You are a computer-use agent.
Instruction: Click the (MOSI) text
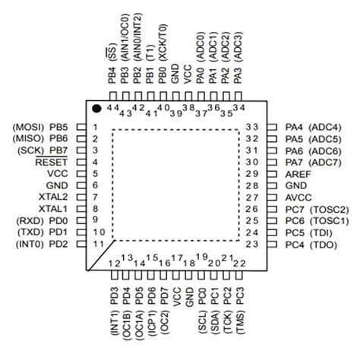pos(27,127)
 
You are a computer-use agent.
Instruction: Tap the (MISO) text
pos(27,138)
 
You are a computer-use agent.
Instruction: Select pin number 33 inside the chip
pos(256,127)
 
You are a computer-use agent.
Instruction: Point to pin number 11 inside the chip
pos(97,244)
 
